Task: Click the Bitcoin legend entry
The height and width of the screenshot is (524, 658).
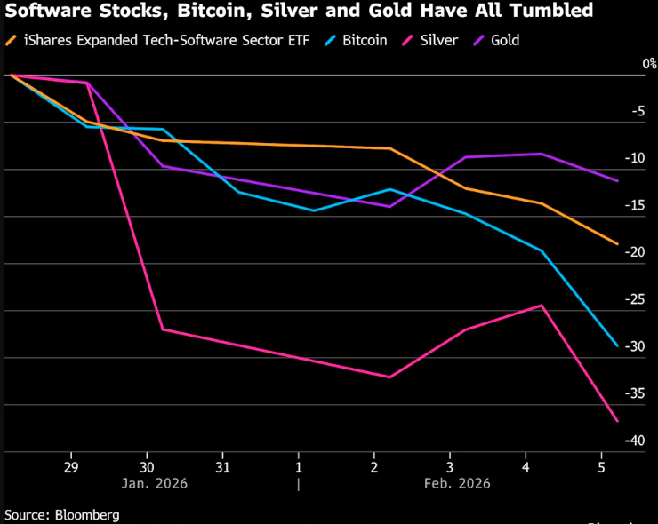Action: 357,40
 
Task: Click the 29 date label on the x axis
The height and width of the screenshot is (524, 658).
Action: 72,466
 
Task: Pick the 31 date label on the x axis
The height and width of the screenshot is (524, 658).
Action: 223,466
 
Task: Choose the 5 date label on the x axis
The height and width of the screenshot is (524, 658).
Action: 602,466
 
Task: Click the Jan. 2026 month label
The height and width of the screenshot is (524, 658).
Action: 148,483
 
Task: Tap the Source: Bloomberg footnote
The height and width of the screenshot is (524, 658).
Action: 61,514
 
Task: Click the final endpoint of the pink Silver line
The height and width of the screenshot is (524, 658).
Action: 617,421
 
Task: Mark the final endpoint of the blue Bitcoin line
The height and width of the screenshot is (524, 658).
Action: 617,345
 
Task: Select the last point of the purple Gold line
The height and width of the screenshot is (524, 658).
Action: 617,180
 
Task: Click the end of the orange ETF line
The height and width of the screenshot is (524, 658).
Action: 617,243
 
